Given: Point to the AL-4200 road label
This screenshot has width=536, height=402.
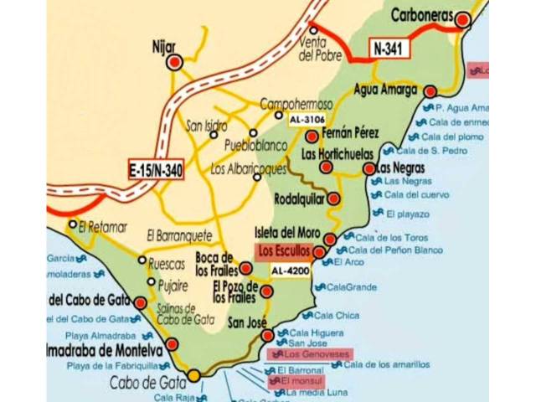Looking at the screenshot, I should point(290,271).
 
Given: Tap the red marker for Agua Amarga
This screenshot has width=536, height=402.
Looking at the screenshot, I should point(430,92).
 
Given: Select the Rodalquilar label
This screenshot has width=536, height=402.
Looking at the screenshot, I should point(300,199).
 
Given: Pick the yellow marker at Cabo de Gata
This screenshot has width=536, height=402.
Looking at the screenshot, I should point(194,375).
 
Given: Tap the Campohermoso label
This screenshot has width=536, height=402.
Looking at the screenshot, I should point(296,104).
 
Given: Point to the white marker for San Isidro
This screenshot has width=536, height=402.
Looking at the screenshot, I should point(214,134).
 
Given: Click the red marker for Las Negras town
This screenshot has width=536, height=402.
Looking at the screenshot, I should point(369,168).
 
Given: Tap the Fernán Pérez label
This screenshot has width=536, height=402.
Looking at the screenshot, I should point(351,133).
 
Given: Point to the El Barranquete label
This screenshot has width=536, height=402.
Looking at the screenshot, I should point(178,235).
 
